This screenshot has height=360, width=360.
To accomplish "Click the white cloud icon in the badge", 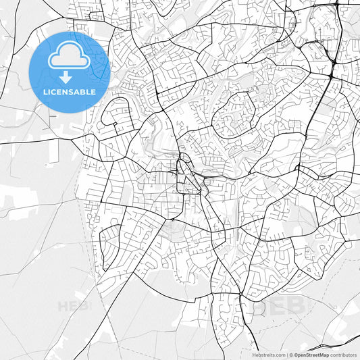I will (69, 59).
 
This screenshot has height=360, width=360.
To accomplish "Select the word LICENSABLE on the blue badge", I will (69, 91).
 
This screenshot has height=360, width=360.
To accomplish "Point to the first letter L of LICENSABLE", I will (45, 91).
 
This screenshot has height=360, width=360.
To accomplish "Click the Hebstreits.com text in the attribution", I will (269, 355).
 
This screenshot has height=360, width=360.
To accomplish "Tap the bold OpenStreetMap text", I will (311, 355).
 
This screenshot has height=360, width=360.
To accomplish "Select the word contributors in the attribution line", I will (343, 355).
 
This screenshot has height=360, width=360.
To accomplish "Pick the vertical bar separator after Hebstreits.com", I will (286, 355).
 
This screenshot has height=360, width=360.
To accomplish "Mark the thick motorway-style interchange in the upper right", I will (334, 62).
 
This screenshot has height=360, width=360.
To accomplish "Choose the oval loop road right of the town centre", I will (234, 116).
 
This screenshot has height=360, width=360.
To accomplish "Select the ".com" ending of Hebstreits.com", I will (279, 355).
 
